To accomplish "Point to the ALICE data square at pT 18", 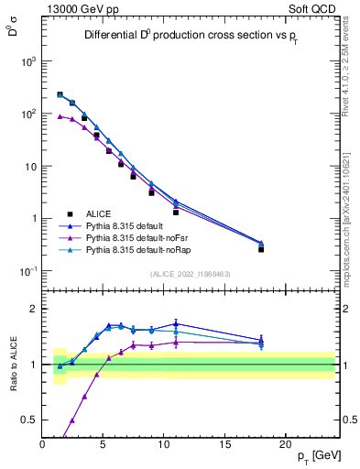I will point(261,248).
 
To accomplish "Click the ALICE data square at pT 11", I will point(176,212).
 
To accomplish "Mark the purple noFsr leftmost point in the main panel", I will point(60,116).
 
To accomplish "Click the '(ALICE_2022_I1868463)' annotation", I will point(190,274).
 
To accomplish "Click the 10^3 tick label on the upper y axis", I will point(27,61).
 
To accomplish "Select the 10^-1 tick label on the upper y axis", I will point(27,271).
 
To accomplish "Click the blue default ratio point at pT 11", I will point(176,323).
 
